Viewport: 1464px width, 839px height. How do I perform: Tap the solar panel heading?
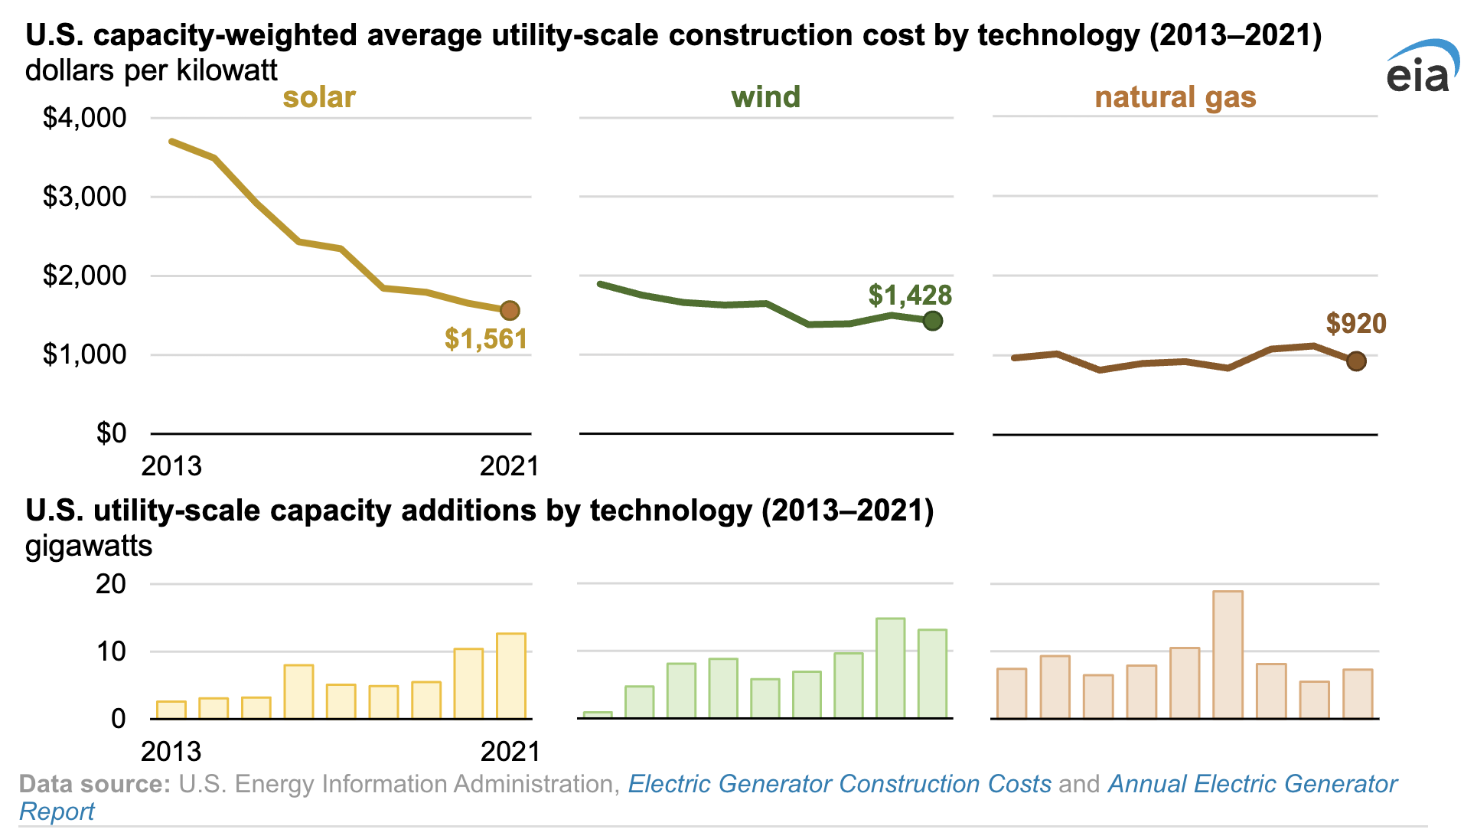[319, 97]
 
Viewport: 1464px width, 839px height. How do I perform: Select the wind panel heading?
[765, 97]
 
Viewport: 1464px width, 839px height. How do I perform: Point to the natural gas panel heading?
[1175, 97]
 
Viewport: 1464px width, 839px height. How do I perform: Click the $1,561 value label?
[486, 339]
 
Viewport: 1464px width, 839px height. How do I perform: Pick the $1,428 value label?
[910, 295]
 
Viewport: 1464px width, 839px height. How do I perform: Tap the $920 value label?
[1355, 323]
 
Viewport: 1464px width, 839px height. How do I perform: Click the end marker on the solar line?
[510, 310]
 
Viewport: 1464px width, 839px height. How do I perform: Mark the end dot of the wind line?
[932, 321]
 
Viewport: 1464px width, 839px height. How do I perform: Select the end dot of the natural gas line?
[1356, 361]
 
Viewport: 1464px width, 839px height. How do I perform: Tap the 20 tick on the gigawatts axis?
[110, 585]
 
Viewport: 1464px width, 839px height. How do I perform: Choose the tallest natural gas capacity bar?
[1228, 655]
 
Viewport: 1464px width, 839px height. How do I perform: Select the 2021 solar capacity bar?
[511, 676]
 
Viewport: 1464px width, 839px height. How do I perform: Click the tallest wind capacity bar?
[890, 668]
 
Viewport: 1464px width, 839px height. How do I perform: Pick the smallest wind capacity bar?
[598, 715]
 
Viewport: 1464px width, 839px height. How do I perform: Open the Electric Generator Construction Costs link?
[840, 784]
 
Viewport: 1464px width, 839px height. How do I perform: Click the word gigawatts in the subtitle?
[89, 546]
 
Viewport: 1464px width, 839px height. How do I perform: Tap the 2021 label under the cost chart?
[509, 465]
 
